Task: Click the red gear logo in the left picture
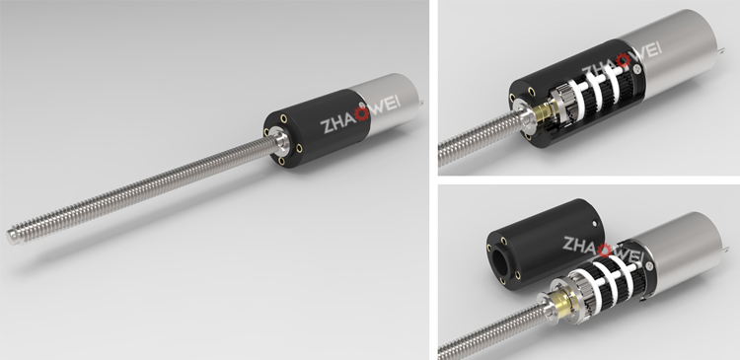click(362, 113)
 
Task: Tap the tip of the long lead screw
click(10, 237)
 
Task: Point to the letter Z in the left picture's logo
click(327, 126)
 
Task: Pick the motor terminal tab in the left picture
click(420, 101)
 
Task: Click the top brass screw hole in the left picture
click(283, 118)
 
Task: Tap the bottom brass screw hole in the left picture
click(282, 161)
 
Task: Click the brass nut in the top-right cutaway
click(543, 112)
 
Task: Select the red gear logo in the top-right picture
click(623, 60)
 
